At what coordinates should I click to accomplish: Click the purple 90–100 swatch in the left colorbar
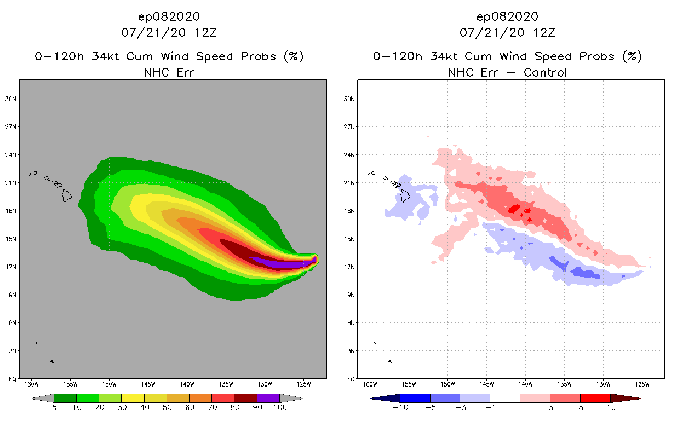(x=268, y=398)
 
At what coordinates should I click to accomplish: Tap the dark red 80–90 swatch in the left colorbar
(x=245, y=398)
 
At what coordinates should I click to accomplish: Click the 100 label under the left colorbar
(x=280, y=408)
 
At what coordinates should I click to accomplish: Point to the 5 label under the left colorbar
(x=54, y=408)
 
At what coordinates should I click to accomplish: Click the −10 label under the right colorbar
(x=400, y=408)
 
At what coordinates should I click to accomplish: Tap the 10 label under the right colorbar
(x=610, y=408)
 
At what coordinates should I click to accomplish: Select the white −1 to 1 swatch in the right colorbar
(x=504, y=398)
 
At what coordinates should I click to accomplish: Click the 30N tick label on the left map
(x=12, y=99)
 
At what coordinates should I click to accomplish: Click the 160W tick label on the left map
(x=31, y=384)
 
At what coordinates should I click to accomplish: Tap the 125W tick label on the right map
(x=642, y=384)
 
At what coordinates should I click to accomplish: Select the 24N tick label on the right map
(x=350, y=155)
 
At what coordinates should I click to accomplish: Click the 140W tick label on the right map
(x=525, y=384)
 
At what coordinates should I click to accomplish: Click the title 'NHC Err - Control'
(x=507, y=73)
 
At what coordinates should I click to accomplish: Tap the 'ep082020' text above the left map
(x=169, y=16)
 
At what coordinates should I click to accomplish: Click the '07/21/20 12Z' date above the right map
(x=507, y=32)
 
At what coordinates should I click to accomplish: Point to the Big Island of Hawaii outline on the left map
(x=67, y=195)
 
